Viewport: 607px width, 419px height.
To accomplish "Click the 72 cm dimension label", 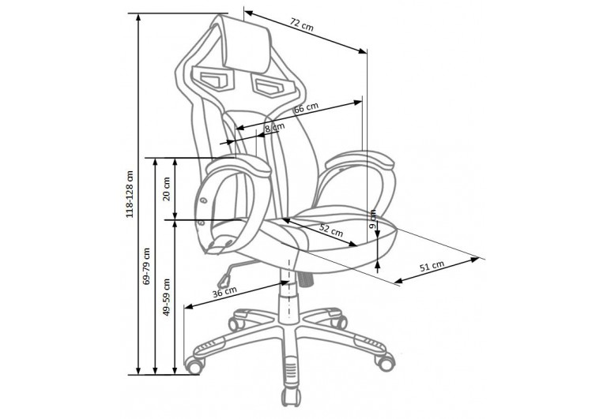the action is tap(302, 25).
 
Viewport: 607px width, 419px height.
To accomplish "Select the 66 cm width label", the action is tap(306, 108).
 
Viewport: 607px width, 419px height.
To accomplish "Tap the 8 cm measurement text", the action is tap(275, 127).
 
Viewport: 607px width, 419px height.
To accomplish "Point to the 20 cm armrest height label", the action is tap(167, 189).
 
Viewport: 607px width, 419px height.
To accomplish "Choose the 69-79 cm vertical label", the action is tap(146, 266).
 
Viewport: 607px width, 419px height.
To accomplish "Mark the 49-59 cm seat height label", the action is tap(167, 297).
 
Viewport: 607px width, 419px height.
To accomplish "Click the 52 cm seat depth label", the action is tap(331, 230).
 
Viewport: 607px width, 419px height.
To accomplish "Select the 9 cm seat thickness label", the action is tap(372, 219).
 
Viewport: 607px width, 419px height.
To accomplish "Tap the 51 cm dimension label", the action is tap(432, 267).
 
